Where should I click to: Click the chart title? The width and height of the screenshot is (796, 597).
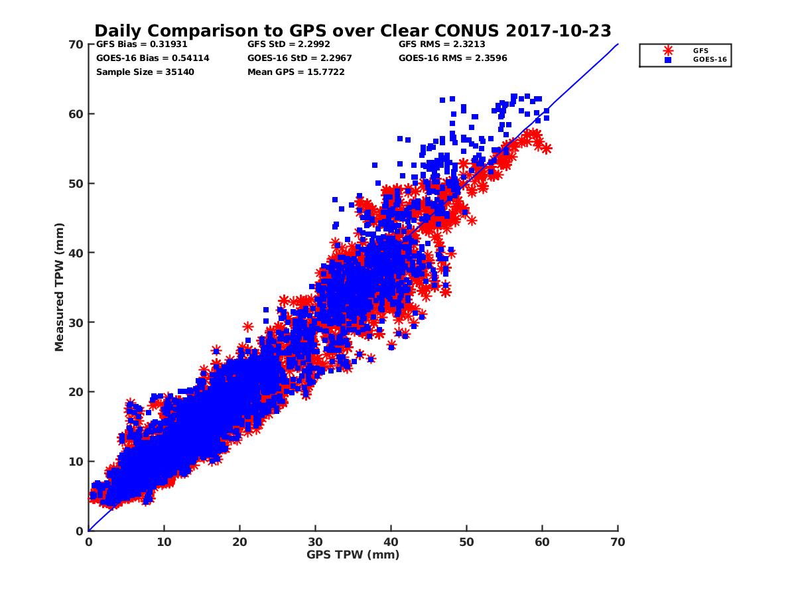pyautogui.click(x=352, y=31)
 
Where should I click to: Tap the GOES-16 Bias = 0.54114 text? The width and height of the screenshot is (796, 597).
pyautogui.click(x=153, y=58)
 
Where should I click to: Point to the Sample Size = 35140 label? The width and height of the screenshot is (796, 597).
pyautogui.click(x=145, y=72)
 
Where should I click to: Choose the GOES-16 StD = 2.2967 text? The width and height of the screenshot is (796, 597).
pyautogui.click(x=300, y=58)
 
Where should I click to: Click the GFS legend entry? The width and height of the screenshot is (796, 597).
pyautogui.click(x=700, y=50)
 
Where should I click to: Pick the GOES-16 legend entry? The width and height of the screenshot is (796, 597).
pyautogui.click(x=706, y=60)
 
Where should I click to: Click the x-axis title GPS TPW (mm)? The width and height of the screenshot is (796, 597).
pyautogui.click(x=353, y=555)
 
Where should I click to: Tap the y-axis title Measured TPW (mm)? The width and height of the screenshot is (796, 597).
pyautogui.click(x=60, y=287)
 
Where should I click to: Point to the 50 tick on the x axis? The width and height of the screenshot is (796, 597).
pyautogui.click(x=466, y=542)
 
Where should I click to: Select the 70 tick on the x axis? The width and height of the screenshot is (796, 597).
pyautogui.click(x=618, y=542)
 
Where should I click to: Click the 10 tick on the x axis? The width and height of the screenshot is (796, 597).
pyautogui.click(x=164, y=542)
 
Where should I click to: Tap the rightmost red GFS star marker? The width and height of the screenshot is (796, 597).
pyautogui.click(x=546, y=149)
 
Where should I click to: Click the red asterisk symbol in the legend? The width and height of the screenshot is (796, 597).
pyautogui.click(x=668, y=50)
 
